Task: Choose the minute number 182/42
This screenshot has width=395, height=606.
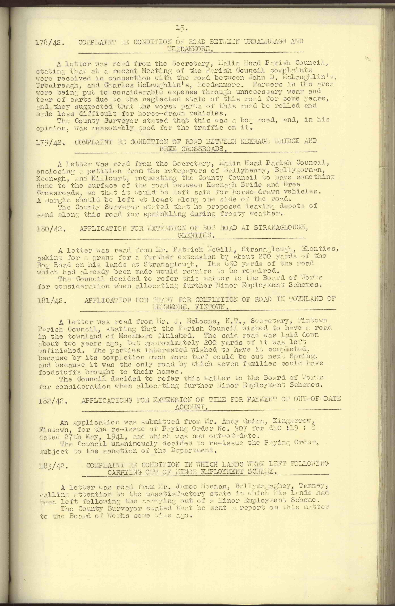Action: (x=53, y=401)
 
